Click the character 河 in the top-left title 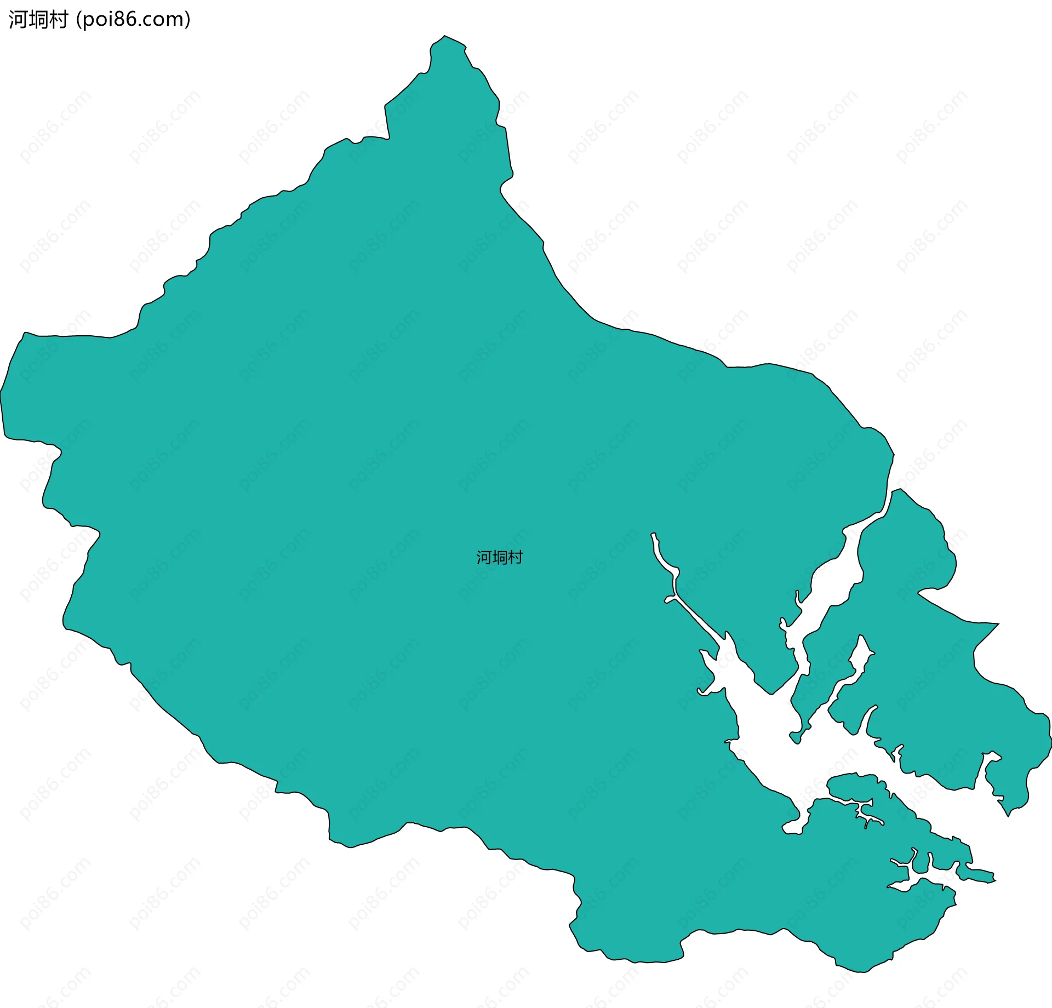[17, 20]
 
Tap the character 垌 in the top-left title [38, 20]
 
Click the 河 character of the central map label [484, 558]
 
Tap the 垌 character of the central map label [500, 558]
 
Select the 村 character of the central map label [516, 558]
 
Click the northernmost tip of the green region [445, 36]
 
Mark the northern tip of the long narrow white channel [653, 534]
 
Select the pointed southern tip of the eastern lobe [1008, 816]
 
